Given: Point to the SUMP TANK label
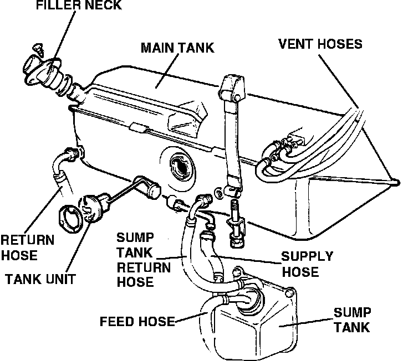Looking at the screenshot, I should pos(351,319).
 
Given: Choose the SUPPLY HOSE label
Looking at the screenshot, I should pos(307,264).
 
